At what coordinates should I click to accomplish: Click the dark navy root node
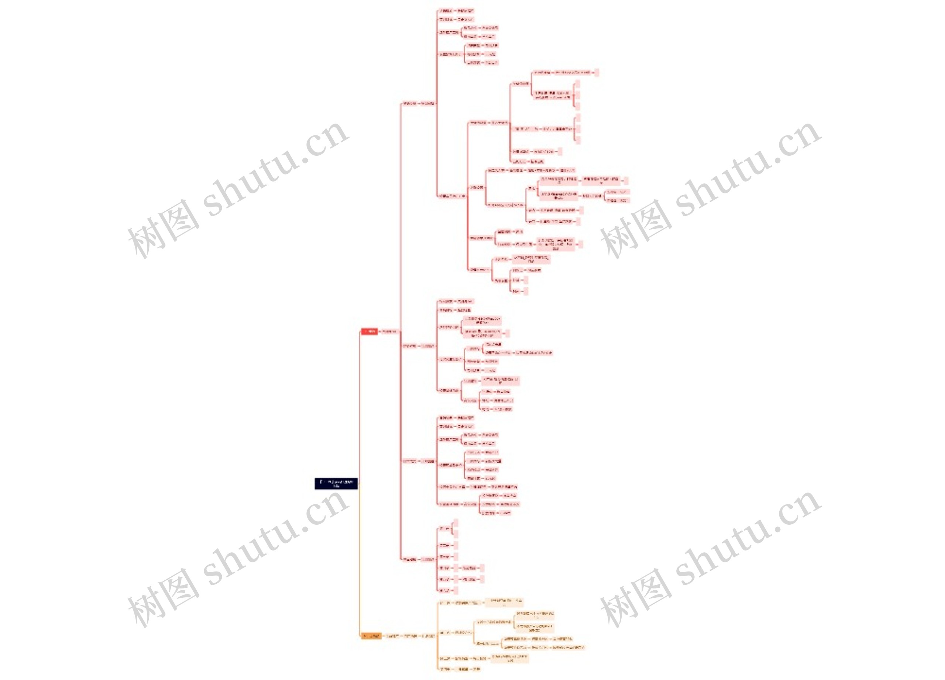[x=336, y=483]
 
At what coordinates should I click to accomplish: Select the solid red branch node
[x=369, y=331]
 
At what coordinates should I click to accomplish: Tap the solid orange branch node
[x=370, y=636]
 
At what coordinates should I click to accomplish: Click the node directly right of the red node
[x=389, y=331]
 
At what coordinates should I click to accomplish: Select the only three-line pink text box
[x=556, y=244]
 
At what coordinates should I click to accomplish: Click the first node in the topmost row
[x=446, y=10]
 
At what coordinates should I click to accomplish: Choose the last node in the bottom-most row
[x=476, y=669]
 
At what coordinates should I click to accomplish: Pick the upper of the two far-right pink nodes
[x=618, y=192]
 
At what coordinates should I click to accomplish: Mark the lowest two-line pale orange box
[x=509, y=658]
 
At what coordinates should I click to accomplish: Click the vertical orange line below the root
[x=359, y=562]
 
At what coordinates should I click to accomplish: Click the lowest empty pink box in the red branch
[x=456, y=590]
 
